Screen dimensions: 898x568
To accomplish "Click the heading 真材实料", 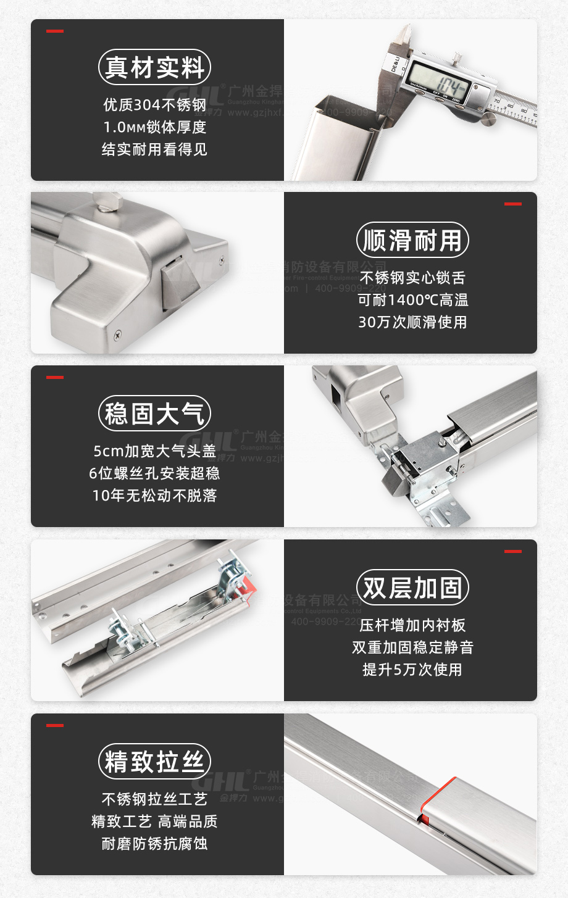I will click(x=154, y=67).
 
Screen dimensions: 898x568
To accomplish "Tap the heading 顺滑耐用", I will click(x=412, y=240).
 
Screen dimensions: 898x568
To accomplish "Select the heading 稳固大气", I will click(x=154, y=414).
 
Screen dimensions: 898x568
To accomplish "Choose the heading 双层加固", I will click(x=412, y=588).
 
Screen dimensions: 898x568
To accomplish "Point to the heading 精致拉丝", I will click(x=154, y=762).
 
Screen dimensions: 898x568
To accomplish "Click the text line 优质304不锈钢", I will click(x=154, y=105).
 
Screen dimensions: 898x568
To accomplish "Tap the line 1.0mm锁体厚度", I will click(x=154, y=127).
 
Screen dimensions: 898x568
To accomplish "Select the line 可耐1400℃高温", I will click(x=412, y=300).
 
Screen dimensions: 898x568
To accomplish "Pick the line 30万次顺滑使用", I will click(x=412, y=322).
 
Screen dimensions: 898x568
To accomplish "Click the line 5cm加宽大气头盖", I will click(x=154, y=451).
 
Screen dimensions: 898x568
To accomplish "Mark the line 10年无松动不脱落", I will click(x=154, y=496).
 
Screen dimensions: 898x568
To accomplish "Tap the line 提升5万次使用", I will click(x=412, y=670).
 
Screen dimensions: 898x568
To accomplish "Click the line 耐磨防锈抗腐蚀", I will click(x=154, y=844).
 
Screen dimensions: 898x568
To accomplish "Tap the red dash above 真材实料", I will click(x=55, y=31).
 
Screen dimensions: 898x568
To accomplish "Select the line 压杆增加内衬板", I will click(x=412, y=625).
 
